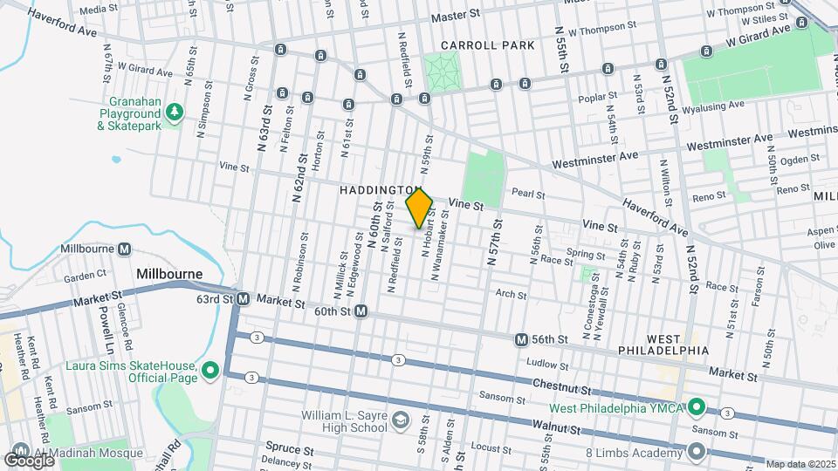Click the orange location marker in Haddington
[x=419, y=208]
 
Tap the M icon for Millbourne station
[x=124, y=249]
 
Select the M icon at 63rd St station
[x=244, y=298]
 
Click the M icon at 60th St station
[x=360, y=311]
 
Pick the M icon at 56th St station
[x=521, y=339]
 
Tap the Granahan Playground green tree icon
[x=175, y=111]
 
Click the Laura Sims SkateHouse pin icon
[x=209, y=372]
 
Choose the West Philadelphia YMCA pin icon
[x=697, y=407]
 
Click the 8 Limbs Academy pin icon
[x=697, y=451]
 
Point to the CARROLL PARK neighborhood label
[x=475, y=44]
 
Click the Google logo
[x=29, y=459]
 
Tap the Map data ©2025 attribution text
[x=800, y=464]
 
